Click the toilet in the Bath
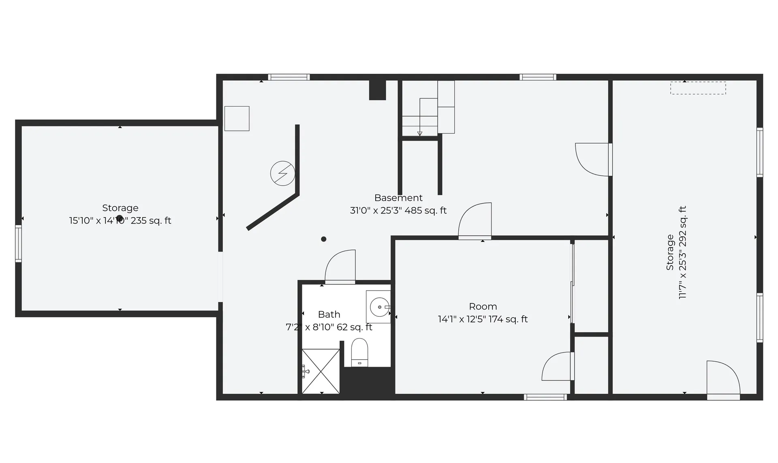click(359, 352)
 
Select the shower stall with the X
click(321, 371)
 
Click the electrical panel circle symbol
click(282, 173)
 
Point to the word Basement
click(398, 198)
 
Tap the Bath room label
click(329, 314)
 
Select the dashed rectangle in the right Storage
click(698, 88)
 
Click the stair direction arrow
click(420, 133)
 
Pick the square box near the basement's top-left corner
click(237, 118)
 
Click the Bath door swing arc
click(340, 265)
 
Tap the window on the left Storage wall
click(18, 243)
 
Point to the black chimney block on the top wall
click(377, 90)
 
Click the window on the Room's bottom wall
click(545, 397)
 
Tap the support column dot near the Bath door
click(323, 239)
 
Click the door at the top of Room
click(475, 221)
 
